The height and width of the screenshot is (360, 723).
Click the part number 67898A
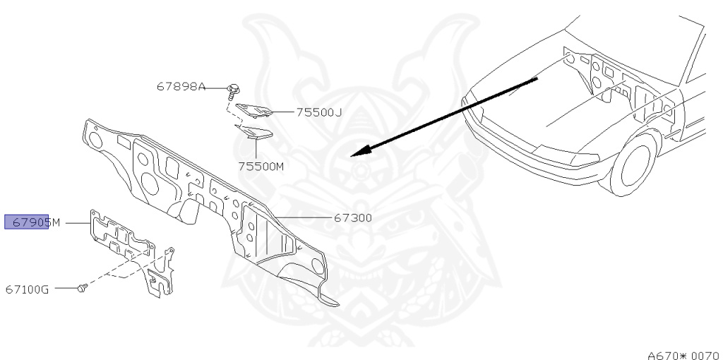click(x=181, y=87)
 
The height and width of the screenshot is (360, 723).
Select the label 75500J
click(x=318, y=112)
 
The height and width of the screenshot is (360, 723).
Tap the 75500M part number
click(x=260, y=167)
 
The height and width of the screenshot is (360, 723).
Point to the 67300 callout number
click(x=353, y=218)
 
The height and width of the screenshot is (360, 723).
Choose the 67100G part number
click(x=27, y=289)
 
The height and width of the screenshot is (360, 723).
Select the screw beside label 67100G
click(x=82, y=288)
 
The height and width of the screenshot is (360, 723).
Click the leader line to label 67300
click(x=304, y=217)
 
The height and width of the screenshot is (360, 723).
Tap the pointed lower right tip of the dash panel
click(x=336, y=304)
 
